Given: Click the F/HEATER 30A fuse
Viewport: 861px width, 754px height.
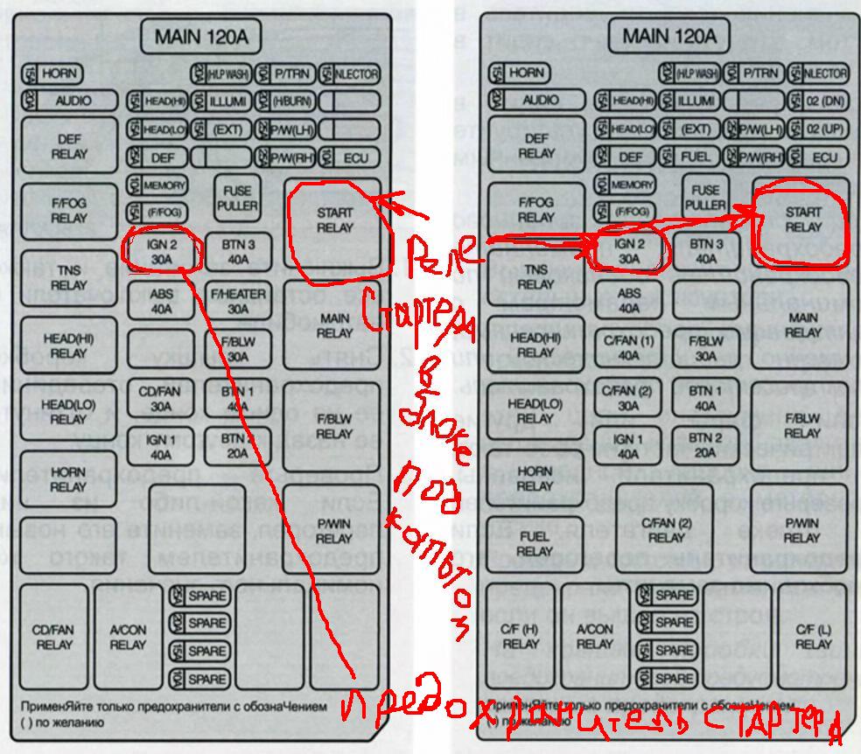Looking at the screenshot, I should [238, 302].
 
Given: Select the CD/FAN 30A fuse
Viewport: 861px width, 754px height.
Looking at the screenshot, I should [160, 399].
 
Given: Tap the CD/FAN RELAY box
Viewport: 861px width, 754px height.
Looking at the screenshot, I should [54, 637].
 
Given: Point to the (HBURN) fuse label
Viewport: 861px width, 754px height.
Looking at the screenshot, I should [283, 101].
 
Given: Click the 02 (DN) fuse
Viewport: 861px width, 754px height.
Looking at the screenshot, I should [817, 101].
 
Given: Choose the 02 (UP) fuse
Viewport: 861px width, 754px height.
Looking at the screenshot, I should [817, 129].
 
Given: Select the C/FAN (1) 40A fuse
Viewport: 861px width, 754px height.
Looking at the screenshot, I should [628, 348].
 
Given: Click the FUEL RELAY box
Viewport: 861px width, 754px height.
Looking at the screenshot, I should [534, 544].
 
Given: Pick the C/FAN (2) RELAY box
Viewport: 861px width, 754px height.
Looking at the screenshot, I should [666, 530].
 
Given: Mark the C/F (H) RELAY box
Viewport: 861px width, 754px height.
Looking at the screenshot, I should [521, 636].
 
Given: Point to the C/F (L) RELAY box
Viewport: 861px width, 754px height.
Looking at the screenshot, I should [813, 636].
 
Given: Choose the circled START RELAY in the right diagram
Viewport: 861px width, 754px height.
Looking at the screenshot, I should [802, 220].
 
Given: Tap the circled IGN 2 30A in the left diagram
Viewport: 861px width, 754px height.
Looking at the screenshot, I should [163, 252].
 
